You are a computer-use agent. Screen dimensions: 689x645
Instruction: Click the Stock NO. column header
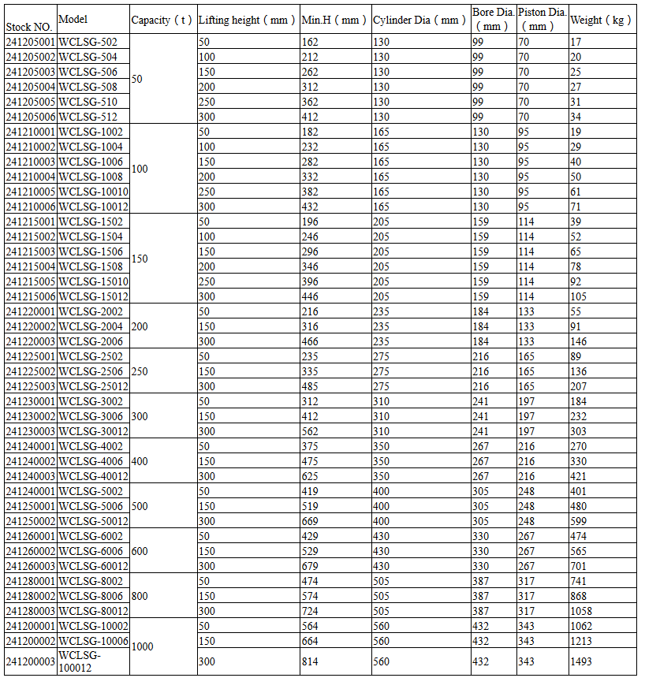pos(29,27)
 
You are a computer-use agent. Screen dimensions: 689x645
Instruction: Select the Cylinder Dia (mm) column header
pos(419,20)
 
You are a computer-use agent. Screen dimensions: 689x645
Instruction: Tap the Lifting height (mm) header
pos(247,20)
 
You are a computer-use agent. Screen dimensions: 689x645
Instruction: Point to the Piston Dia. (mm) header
pos(542,20)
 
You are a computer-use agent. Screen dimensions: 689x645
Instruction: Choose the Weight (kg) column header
pos(601,20)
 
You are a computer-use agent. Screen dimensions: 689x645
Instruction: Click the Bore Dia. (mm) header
pos(493,20)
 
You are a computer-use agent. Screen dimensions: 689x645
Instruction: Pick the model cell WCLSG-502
pos(88,42)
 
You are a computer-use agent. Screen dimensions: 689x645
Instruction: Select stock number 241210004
pos(31,177)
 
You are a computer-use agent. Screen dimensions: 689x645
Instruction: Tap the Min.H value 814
pos(310,661)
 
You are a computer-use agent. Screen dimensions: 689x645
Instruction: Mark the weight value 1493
pos(580,661)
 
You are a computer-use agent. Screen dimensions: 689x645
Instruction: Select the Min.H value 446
pos(310,296)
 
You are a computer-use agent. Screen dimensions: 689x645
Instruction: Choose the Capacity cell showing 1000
pos(143,646)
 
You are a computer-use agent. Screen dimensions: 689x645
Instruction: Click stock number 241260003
pos(31,566)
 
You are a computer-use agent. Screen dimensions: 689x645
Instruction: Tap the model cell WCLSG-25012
pos(93,386)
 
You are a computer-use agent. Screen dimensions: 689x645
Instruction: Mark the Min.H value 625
pos(310,476)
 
